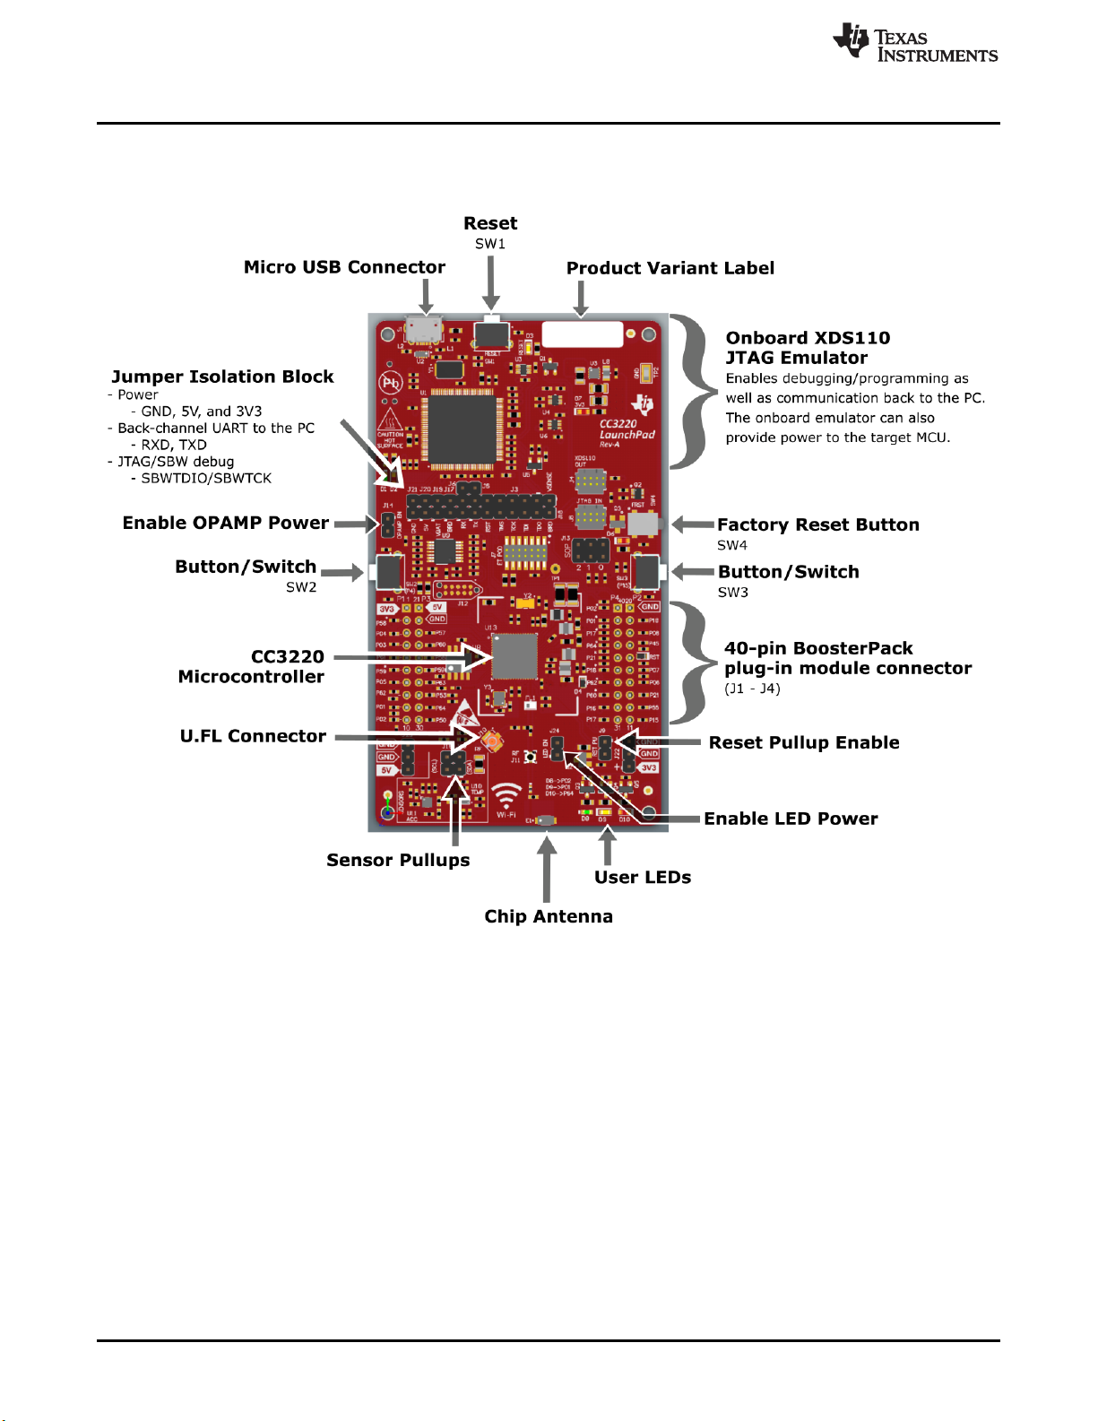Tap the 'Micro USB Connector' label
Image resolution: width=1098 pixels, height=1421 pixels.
point(344,267)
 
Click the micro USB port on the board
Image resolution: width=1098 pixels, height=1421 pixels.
point(424,329)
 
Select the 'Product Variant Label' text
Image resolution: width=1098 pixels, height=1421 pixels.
point(670,268)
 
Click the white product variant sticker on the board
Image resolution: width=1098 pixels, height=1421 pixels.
point(582,334)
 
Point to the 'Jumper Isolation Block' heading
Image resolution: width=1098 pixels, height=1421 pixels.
point(222,377)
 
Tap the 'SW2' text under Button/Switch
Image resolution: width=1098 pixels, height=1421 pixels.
point(301,587)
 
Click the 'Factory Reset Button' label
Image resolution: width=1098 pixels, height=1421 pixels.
point(817,524)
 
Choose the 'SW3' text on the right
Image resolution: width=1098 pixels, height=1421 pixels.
point(732,593)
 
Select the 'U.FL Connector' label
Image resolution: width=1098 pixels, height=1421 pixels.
point(253,736)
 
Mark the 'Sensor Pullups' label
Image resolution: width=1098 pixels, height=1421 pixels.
point(398,860)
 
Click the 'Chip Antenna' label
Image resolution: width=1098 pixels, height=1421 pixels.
point(549,916)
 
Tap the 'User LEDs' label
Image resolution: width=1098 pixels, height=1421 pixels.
point(643,877)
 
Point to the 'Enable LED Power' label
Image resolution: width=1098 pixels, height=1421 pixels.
point(791,819)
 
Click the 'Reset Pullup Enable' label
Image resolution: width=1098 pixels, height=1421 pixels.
point(804,742)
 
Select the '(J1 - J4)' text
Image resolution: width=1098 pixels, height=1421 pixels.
point(752,689)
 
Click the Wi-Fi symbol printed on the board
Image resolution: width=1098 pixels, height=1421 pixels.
point(506,798)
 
